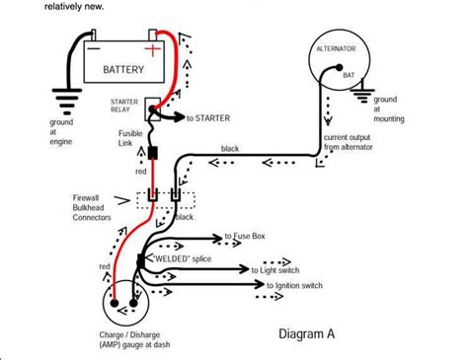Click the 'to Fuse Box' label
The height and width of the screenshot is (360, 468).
tap(247, 237)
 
